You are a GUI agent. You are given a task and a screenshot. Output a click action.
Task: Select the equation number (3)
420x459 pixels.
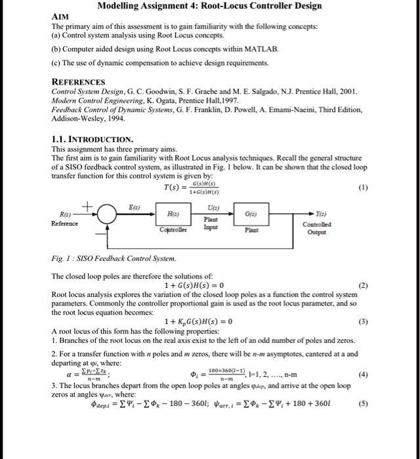point(364,321)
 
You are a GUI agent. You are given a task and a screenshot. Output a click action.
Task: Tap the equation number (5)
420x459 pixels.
point(364,403)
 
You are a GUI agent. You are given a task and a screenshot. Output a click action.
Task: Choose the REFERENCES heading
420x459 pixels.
point(78,82)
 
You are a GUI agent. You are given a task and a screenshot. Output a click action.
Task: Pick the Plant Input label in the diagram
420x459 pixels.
point(211,223)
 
